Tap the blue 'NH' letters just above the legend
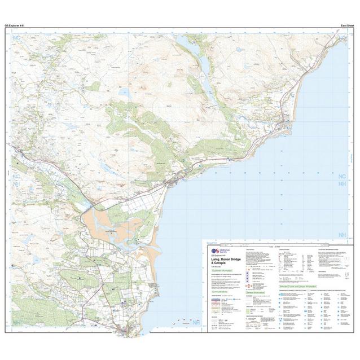(342, 234)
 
